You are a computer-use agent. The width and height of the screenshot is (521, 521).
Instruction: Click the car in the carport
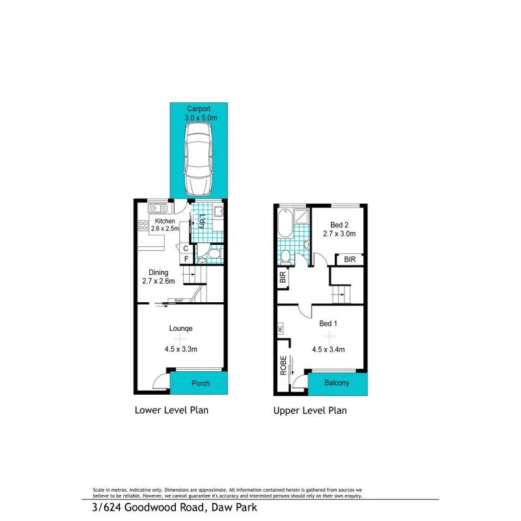(199, 159)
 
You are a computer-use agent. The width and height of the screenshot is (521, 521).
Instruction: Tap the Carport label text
(199, 109)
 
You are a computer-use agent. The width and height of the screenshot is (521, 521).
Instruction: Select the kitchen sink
(157, 208)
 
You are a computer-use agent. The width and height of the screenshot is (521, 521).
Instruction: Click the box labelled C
(185, 248)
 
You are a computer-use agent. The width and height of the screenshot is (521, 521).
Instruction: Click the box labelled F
(185, 259)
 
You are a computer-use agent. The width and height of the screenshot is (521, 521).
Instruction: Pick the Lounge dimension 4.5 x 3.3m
(181, 349)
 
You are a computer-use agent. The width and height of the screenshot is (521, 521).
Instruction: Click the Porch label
(201, 383)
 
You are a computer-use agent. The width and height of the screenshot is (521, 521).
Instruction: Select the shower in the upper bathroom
(302, 217)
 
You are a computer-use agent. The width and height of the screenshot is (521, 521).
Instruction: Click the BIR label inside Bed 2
(350, 259)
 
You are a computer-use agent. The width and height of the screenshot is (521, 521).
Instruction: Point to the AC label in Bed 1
(281, 329)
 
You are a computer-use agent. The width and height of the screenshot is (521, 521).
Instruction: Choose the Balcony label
(337, 383)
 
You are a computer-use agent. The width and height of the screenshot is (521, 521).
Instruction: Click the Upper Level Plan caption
(310, 410)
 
